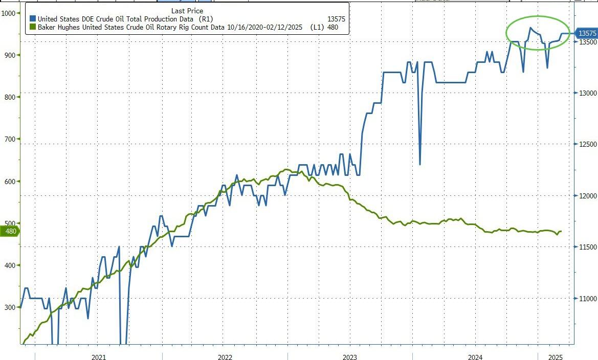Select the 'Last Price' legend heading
pos(187,11)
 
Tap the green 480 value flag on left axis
pos(11,231)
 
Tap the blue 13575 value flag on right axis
pos(587,33)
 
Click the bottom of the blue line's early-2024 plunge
pos(420,164)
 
